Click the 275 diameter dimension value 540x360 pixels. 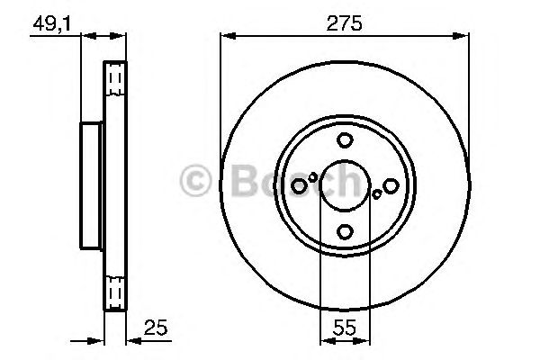click(x=345, y=24)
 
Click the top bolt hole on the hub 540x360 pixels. click(x=345, y=140)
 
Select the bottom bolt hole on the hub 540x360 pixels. click(x=345, y=232)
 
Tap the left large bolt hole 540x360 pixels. click(x=299, y=185)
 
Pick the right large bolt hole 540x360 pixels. click(x=391, y=185)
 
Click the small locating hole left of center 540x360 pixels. click(x=313, y=177)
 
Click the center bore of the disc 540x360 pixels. click(x=345, y=185)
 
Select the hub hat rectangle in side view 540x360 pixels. click(x=91, y=185)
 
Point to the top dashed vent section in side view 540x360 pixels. click(x=114, y=81)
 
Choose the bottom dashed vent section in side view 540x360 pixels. click(x=114, y=292)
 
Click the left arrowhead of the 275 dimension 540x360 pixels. click(x=225, y=36)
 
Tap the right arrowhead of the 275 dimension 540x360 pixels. click(x=464, y=36)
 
